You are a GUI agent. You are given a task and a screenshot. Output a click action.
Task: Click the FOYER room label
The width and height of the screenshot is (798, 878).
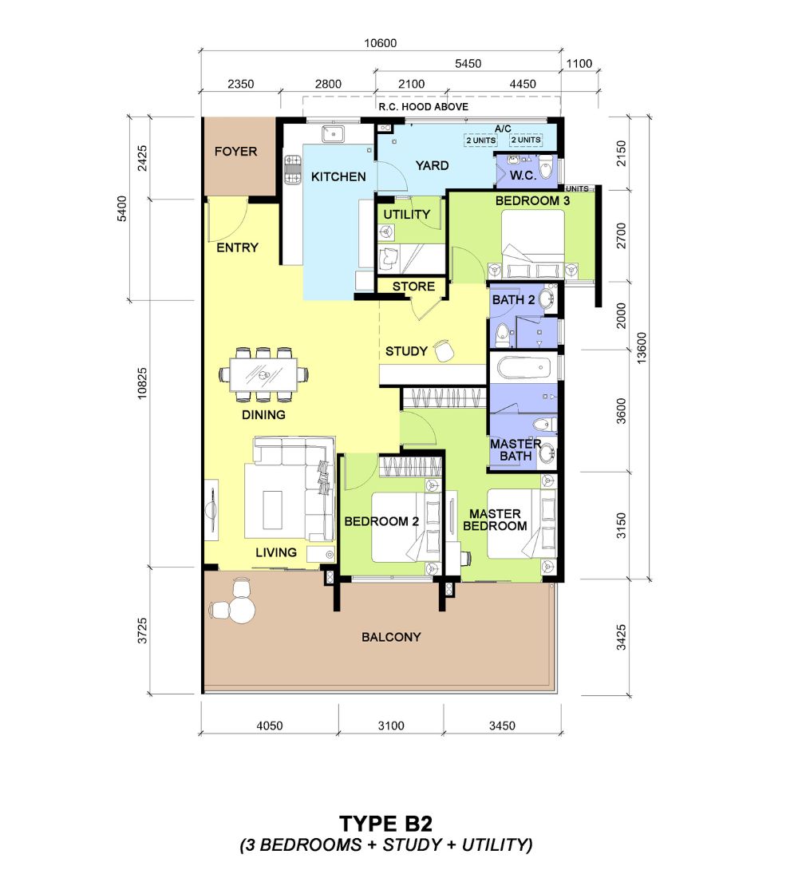pos(235,151)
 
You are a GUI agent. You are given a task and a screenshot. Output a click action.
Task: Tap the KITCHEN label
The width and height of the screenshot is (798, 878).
pos(338,177)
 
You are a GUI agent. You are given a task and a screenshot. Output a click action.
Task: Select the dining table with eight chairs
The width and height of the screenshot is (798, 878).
pos(264,374)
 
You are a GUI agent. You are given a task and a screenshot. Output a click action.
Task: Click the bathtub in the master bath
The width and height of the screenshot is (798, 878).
pos(524,369)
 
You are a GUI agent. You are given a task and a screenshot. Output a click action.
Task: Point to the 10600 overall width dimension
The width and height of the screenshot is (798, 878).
pos(380,43)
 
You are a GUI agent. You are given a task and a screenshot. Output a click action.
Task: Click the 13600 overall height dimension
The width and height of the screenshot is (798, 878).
pos(642,348)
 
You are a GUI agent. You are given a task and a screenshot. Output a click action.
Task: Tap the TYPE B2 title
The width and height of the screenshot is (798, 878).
pos(386,824)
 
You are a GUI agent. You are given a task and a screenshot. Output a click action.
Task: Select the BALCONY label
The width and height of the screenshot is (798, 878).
pos(391,637)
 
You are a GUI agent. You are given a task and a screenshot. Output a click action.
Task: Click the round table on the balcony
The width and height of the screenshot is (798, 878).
pos(243,610)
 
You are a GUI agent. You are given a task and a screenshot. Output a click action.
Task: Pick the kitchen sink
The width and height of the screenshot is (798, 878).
pos(333,134)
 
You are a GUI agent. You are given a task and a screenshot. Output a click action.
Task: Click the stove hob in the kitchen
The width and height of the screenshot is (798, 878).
pos(293,170)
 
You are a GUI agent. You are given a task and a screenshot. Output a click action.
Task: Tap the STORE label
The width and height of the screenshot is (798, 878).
pos(413,287)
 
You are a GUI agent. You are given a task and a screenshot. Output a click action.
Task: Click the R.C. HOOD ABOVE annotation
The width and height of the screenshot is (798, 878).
pos(424,107)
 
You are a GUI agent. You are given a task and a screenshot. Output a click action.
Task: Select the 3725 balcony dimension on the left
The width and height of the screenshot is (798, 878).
pos(142,631)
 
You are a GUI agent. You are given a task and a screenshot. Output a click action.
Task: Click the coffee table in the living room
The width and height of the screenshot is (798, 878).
pos(273,510)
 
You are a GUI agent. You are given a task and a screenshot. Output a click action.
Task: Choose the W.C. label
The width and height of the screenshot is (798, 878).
pos(523,176)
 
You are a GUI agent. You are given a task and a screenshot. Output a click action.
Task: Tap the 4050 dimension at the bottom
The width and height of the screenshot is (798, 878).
pos(270,726)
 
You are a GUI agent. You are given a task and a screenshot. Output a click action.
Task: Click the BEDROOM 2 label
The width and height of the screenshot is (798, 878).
pos(381,521)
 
